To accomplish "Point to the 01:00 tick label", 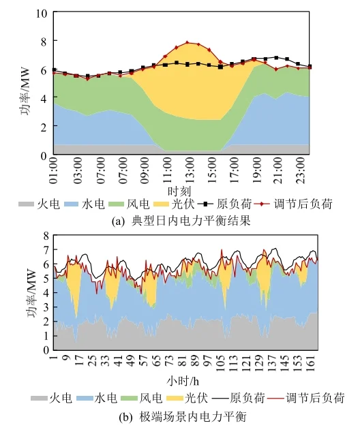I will pos(54,170).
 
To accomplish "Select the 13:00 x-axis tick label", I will pos(186,170).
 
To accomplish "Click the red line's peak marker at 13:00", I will pos(187,42).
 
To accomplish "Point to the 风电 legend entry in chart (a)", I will pos(136,204).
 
